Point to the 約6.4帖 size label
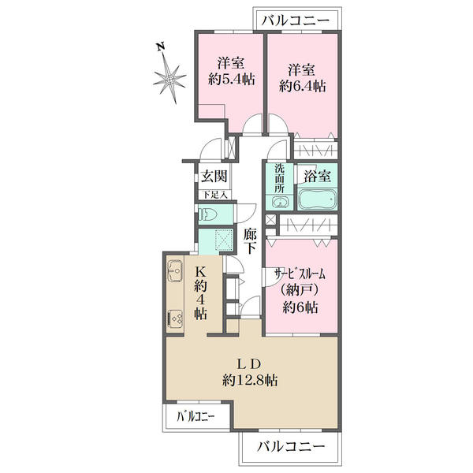(x=303, y=87)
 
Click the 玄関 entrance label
(x=214, y=176)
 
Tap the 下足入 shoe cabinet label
(x=214, y=195)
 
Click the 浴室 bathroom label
(x=318, y=175)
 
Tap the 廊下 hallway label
(x=250, y=240)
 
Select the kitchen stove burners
(x=175, y=319)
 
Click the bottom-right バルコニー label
(x=292, y=446)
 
